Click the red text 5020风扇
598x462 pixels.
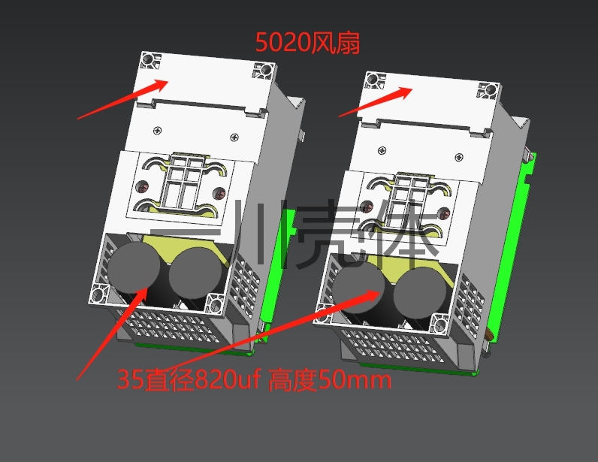point(307,42)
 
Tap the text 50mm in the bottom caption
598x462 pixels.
point(355,380)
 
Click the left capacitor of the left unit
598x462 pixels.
point(134,267)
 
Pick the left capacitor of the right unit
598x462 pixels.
point(358,287)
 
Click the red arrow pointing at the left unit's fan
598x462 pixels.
point(122,99)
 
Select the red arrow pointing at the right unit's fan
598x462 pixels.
point(376,101)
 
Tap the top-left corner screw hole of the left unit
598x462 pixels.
point(147,60)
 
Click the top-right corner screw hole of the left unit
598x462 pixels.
point(266,70)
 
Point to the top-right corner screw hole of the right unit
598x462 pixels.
point(491,90)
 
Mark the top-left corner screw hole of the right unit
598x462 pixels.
point(372,80)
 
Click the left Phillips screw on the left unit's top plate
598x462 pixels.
point(158,131)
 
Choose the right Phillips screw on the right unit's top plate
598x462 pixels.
point(459,157)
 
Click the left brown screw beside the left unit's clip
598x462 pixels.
point(143,187)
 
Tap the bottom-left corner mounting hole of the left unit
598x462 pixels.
point(98,294)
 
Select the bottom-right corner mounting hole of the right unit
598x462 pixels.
point(439,325)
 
